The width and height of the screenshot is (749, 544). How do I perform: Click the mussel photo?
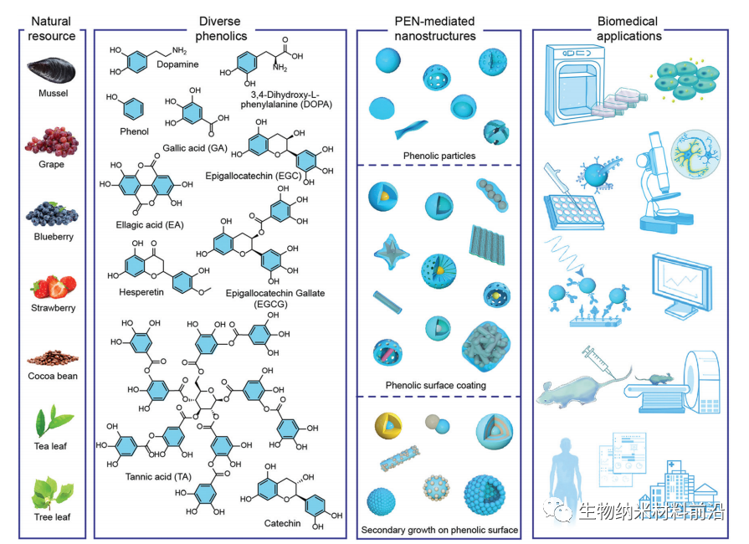point(53,70)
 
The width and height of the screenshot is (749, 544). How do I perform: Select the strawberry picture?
point(53,286)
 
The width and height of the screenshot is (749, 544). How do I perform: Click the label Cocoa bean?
point(53,376)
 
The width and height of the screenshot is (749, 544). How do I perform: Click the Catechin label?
point(282,523)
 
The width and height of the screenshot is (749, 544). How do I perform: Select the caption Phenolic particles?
point(439,156)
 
